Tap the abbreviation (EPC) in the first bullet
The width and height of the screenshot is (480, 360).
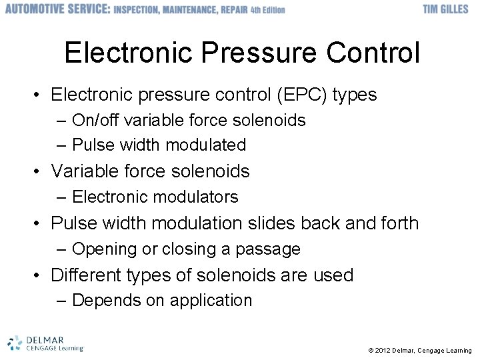click(x=296, y=95)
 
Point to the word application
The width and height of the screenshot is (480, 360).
click(x=211, y=301)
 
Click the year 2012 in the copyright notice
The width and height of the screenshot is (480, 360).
click(x=383, y=350)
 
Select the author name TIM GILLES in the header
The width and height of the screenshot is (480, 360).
click(x=446, y=9)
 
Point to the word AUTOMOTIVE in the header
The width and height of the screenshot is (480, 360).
click(x=36, y=9)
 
